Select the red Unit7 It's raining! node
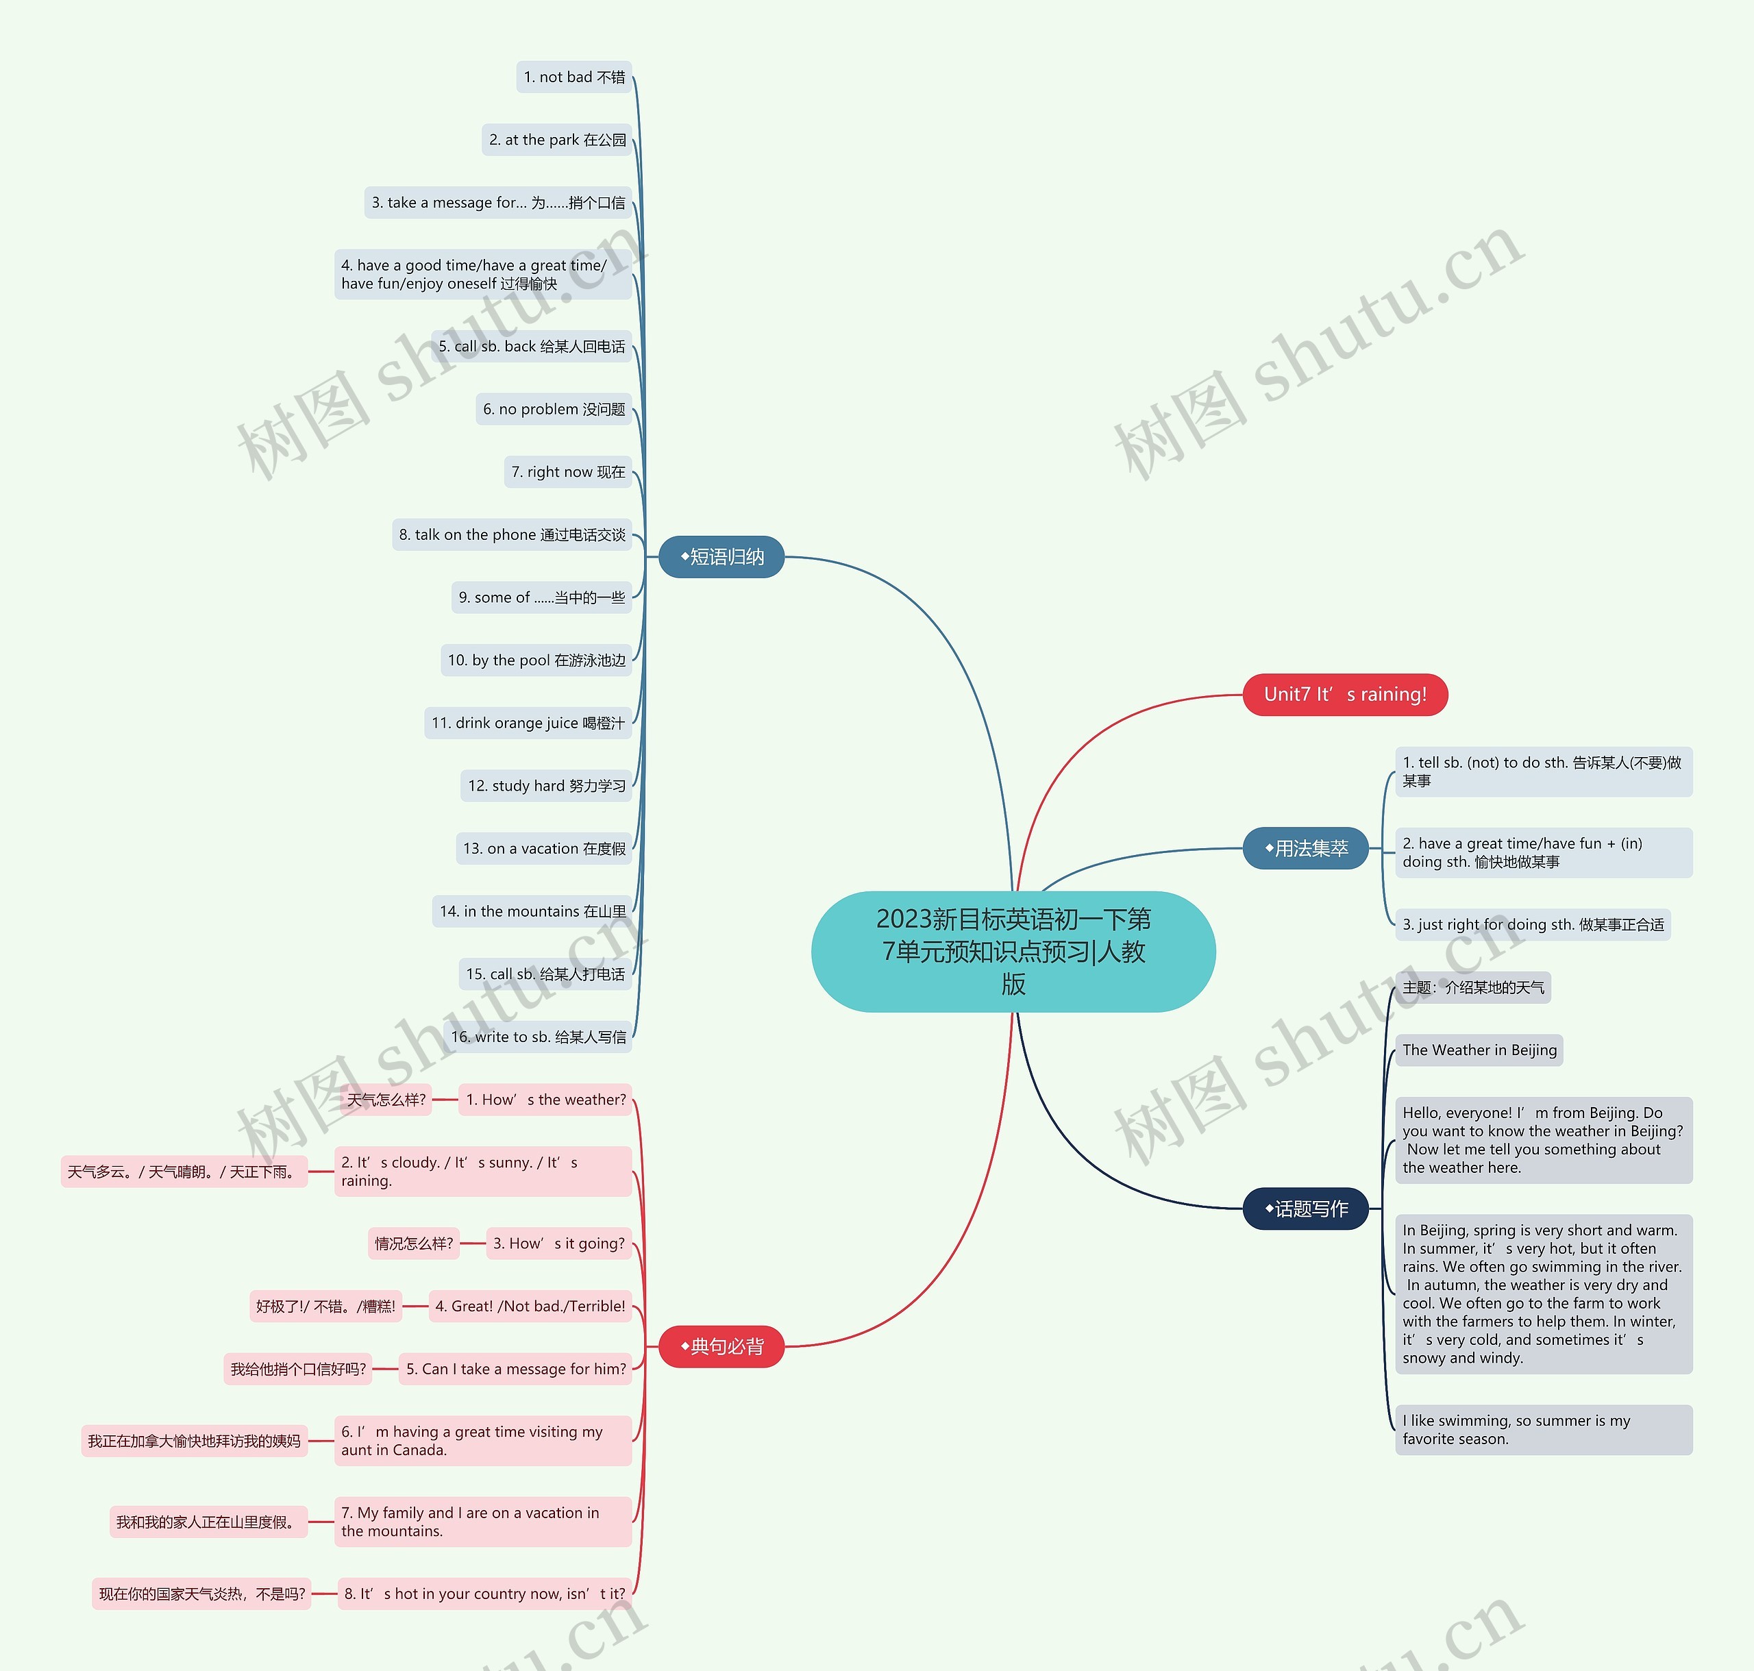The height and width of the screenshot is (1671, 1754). pyautogui.click(x=1344, y=694)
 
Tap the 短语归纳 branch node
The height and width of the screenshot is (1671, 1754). pyautogui.click(x=721, y=557)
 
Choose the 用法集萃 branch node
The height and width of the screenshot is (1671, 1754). pyautogui.click(x=1305, y=848)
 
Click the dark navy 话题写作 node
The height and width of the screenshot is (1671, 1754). pyautogui.click(x=1305, y=1208)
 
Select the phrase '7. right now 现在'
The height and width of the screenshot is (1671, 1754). pyautogui.click(x=567, y=472)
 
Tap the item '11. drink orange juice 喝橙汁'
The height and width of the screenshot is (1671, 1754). pyautogui.click(x=528, y=722)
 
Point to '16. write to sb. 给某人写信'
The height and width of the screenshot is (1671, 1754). pyautogui.click(x=538, y=1036)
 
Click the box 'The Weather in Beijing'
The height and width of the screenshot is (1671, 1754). pyautogui.click(x=1479, y=1050)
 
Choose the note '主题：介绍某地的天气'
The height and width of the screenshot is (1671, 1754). pyautogui.click(x=1472, y=987)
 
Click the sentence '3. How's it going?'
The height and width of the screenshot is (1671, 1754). pyautogui.click(x=558, y=1243)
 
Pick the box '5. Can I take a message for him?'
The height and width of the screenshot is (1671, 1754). pyautogui.click(x=515, y=1368)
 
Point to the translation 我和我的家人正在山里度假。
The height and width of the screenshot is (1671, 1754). pyautogui.click(x=207, y=1522)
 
